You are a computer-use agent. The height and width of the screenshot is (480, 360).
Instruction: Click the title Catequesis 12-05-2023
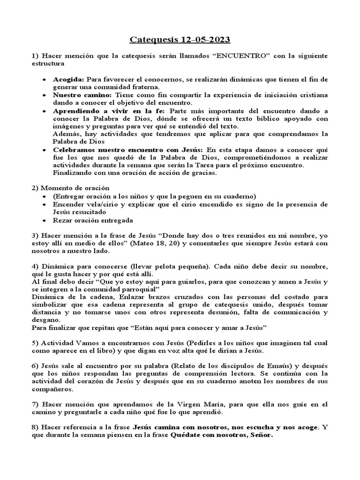click(180, 40)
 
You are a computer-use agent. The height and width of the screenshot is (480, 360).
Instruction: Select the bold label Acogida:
click(68, 79)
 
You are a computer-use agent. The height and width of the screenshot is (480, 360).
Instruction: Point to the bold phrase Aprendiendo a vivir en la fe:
click(110, 111)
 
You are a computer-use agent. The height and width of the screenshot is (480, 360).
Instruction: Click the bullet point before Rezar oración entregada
click(43, 220)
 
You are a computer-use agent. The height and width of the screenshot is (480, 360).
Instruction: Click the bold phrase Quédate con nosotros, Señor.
click(221, 435)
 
